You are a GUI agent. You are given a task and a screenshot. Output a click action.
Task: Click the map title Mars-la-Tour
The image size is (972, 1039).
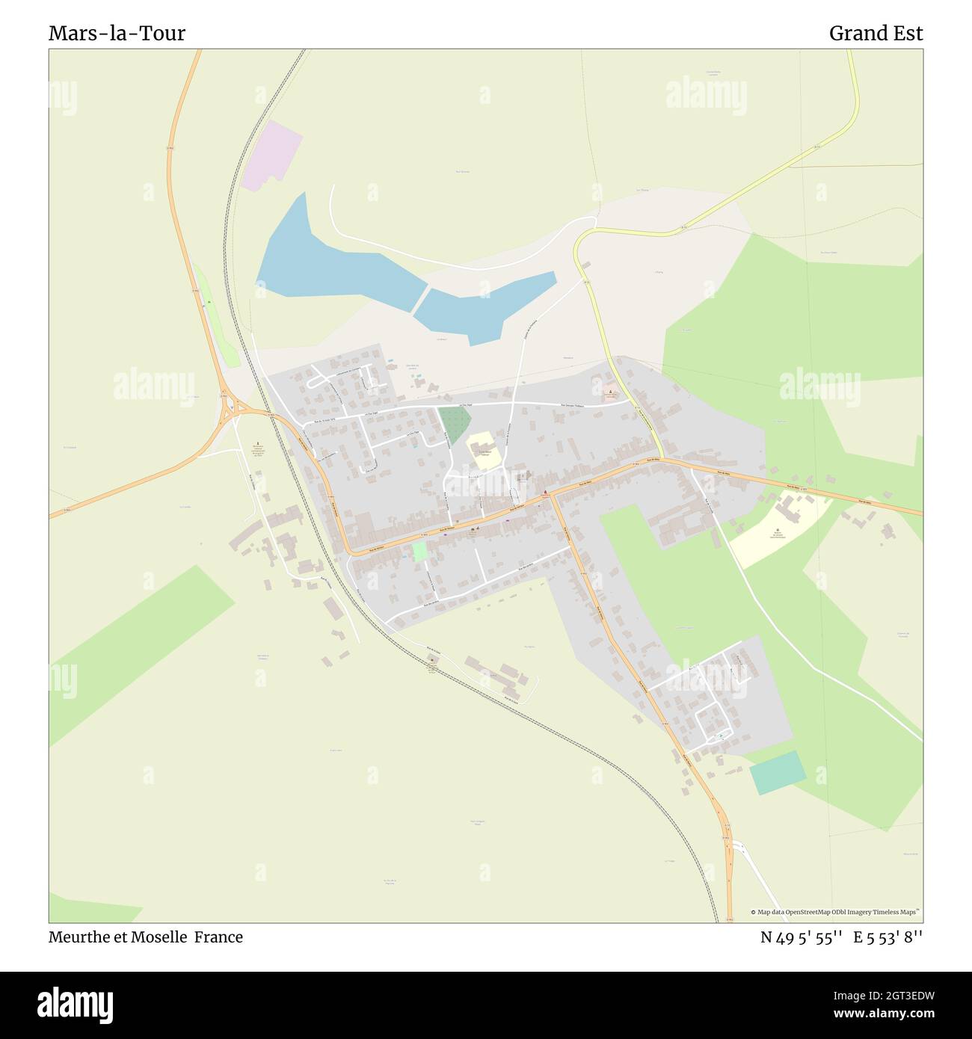(117, 34)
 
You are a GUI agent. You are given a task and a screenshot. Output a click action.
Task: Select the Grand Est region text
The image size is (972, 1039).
(876, 34)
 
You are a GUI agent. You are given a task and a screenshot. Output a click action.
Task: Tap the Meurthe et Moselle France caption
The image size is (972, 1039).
(146, 937)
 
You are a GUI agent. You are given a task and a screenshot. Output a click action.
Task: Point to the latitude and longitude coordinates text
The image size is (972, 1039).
(841, 937)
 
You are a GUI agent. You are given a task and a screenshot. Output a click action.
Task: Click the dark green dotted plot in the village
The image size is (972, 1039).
(453, 425)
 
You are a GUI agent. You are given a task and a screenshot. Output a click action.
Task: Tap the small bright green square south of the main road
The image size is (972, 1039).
(419, 552)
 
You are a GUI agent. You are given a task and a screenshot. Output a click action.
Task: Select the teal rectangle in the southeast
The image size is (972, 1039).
(778, 773)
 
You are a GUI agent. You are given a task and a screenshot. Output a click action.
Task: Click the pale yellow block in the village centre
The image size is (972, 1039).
(484, 451)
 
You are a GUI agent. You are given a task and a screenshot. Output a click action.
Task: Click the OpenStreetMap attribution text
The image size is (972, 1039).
(836, 912)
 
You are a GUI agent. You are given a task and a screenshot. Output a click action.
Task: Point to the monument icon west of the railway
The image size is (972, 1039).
(259, 443)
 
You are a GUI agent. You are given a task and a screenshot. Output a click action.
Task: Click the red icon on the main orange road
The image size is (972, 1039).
(546, 492)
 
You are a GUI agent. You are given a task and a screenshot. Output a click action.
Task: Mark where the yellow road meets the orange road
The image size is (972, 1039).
(663, 459)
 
